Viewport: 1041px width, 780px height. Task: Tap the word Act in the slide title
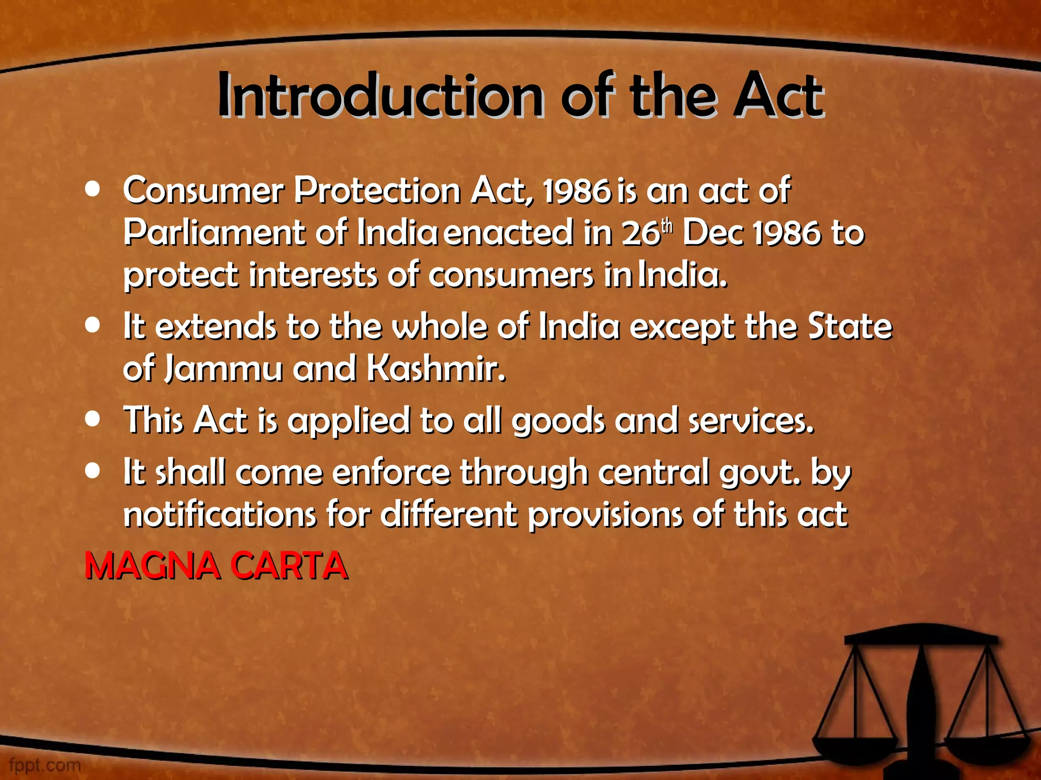click(778, 96)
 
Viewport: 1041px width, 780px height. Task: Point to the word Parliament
click(214, 233)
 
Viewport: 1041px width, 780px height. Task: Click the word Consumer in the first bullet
click(203, 191)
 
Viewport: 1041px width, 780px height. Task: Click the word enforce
click(391, 473)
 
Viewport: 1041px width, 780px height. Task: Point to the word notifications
click(220, 515)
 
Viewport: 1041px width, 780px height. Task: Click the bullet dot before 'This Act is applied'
click(93, 420)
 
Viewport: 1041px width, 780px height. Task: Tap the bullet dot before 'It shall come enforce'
click(93, 471)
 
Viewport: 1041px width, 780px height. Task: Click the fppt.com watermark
click(45, 765)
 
